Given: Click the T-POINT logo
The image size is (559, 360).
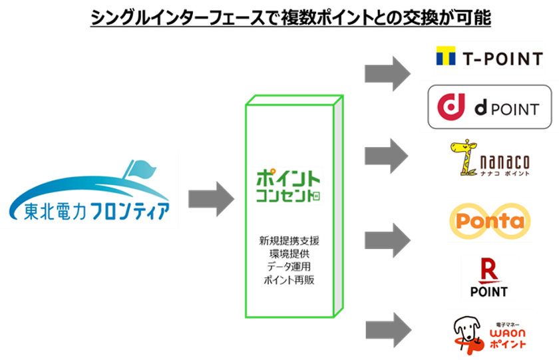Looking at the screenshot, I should [489, 59].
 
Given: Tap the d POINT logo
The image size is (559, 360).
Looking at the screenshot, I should [489, 106].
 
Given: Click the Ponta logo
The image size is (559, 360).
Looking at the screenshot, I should [489, 221].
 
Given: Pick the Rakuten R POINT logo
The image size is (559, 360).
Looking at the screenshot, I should [489, 277].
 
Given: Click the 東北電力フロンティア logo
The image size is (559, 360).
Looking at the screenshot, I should [89, 190].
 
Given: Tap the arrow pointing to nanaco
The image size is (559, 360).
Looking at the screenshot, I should [387, 156].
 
